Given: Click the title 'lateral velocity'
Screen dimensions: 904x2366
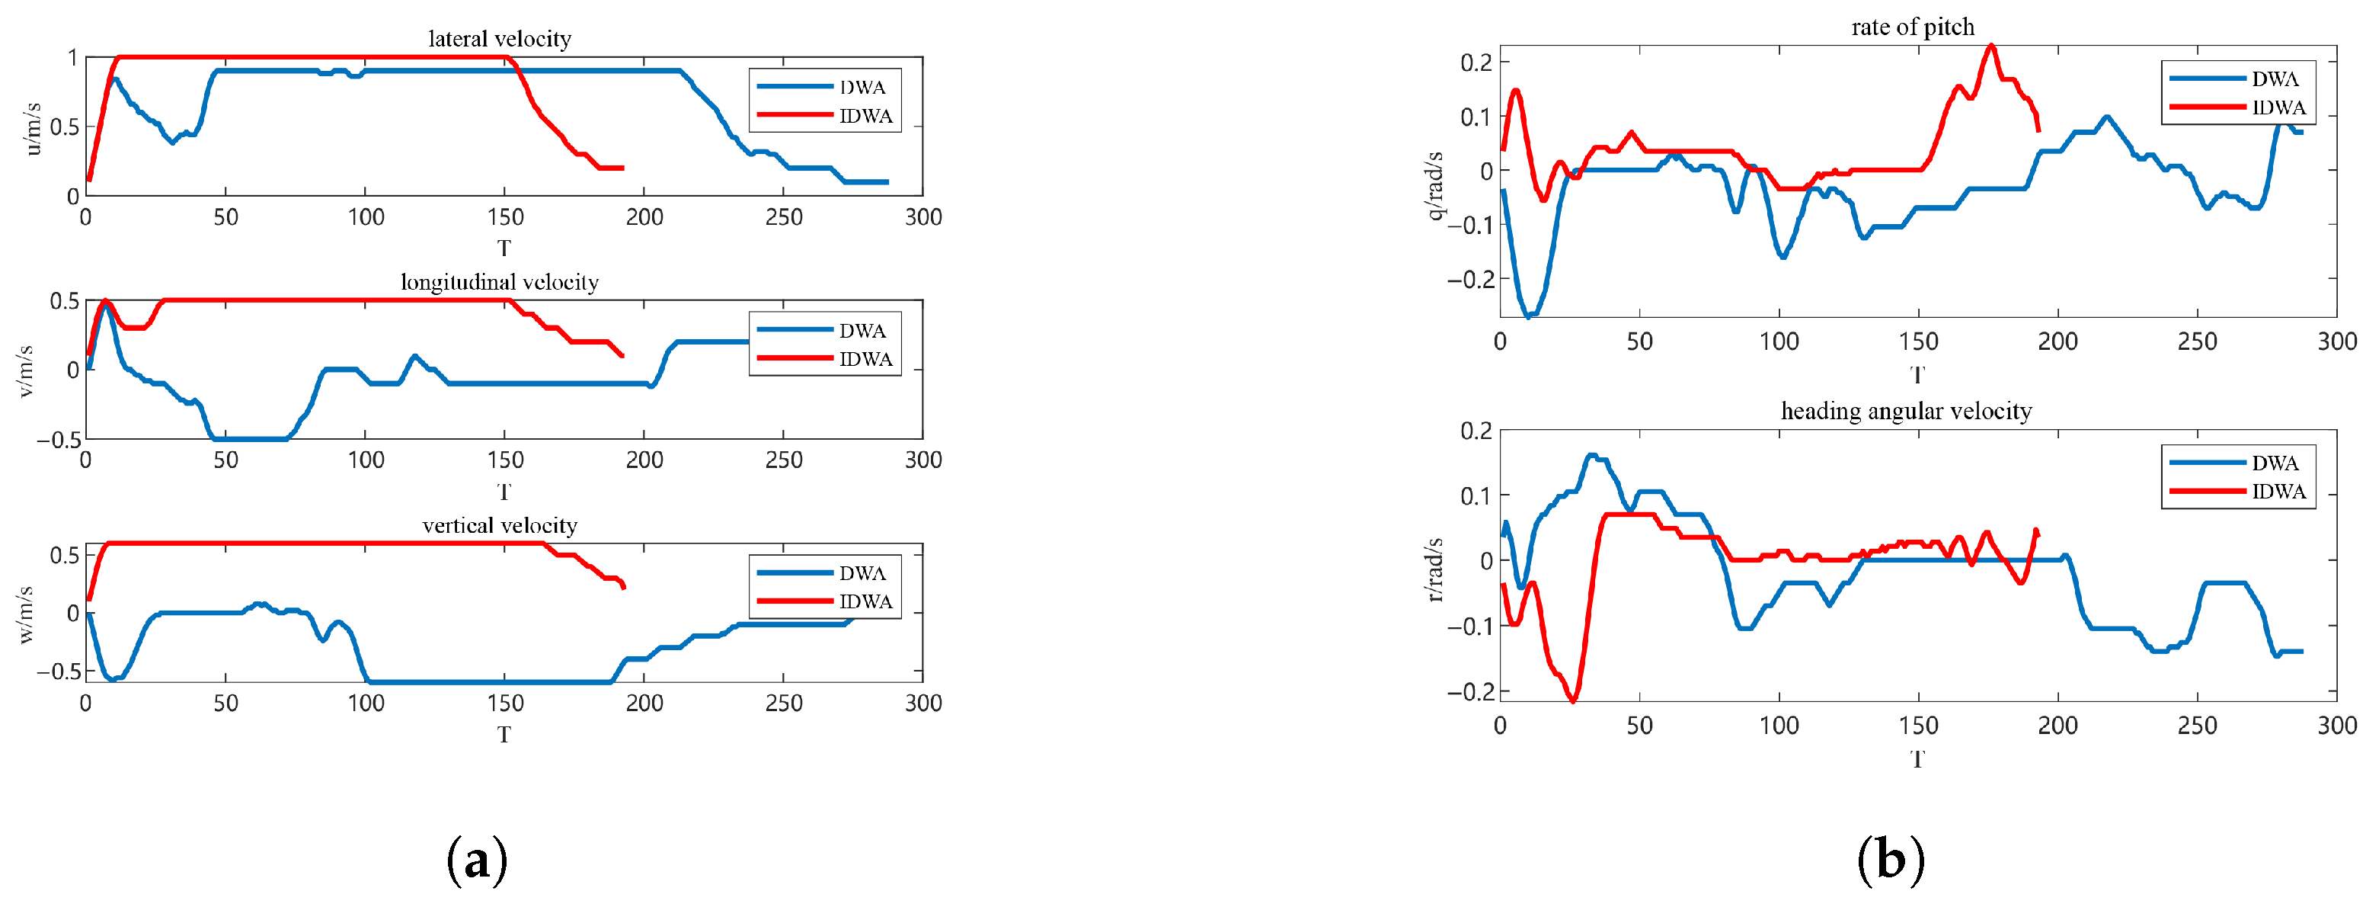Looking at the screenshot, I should [500, 39].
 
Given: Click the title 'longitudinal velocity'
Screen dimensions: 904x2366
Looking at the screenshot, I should [500, 282].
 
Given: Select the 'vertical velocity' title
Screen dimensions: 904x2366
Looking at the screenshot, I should [500, 525].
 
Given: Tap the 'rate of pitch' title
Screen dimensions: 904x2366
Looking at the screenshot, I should [1912, 27].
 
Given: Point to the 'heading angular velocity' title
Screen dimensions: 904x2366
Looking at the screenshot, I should [1906, 412].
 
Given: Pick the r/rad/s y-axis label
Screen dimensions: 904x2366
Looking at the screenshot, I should [1433, 569].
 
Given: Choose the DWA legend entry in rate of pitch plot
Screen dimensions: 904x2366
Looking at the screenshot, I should [2274, 79].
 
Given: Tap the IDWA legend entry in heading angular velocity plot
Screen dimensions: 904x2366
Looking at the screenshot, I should [2278, 492].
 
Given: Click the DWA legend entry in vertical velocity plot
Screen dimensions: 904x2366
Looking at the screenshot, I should [862, 573].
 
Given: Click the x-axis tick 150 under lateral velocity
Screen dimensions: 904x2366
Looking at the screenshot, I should [505, 218].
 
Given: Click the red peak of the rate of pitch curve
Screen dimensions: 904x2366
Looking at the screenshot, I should [1990, 46].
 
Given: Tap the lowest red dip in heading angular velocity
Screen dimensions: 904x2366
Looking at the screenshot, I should [1573, 700].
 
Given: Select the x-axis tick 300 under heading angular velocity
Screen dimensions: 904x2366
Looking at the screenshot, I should [2336, 726].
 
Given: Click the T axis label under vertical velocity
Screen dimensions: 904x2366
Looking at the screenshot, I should [504, 735].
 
